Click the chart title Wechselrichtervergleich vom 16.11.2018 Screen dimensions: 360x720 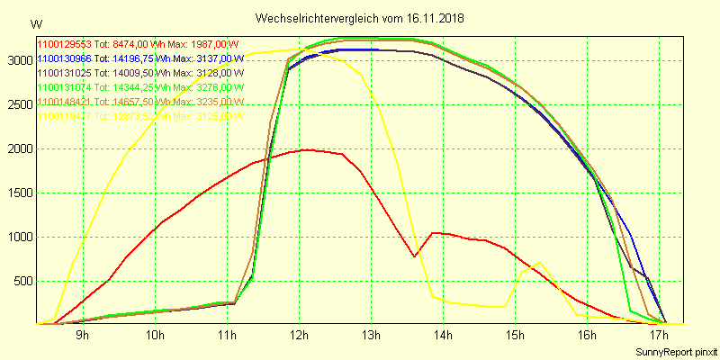click(359, 18)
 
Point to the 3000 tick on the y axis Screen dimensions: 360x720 click(17, 60)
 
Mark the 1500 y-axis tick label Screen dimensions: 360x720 click(17, 193)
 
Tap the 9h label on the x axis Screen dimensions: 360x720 click(82, 337)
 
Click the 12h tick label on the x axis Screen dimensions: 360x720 click(299, 337)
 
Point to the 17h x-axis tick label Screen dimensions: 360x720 click(659, 337)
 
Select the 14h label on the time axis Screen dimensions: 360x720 click(443, 337)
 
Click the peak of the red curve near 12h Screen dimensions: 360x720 click(306, 149)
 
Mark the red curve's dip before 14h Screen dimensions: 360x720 click(415, 256)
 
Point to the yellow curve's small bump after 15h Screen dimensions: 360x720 click(539, 263)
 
